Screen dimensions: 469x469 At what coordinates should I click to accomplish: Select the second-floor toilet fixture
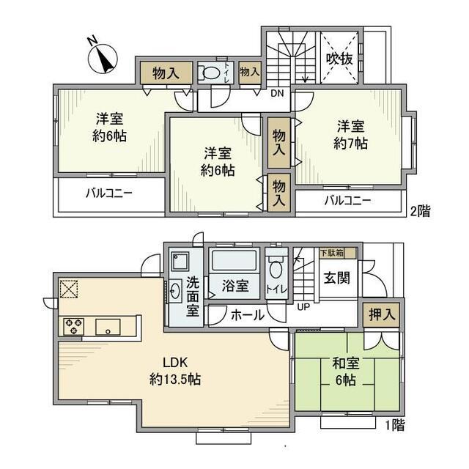point(210,73)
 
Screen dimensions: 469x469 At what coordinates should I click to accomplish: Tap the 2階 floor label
point(420,210)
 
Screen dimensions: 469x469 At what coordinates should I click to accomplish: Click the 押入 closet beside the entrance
point(381,314)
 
